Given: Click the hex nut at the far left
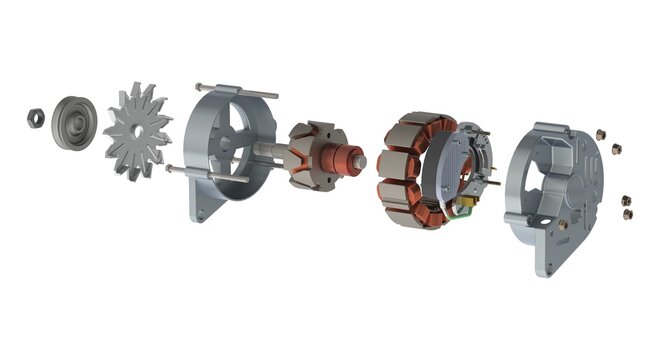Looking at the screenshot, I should [35, 117].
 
